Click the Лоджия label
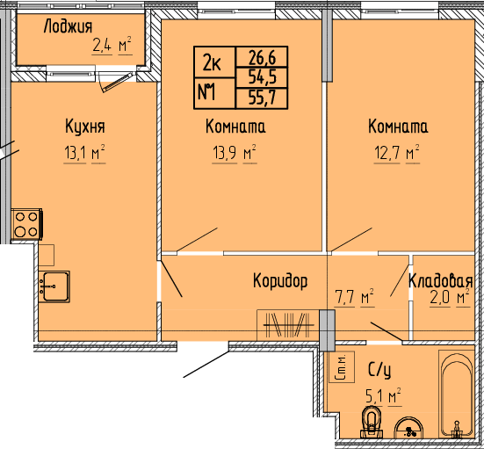68,26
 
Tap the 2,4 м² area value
112,46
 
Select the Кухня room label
85,127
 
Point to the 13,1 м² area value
84,153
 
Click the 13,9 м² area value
234,153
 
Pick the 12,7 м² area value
397,153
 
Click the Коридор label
280,281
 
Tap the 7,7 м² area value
354,297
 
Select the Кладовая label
440,280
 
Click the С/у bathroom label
379,370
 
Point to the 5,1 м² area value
383,396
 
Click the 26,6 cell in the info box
262,56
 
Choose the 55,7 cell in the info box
262,98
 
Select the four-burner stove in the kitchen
26,224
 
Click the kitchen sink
54,286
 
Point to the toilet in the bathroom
372,423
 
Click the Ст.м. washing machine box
342,367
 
